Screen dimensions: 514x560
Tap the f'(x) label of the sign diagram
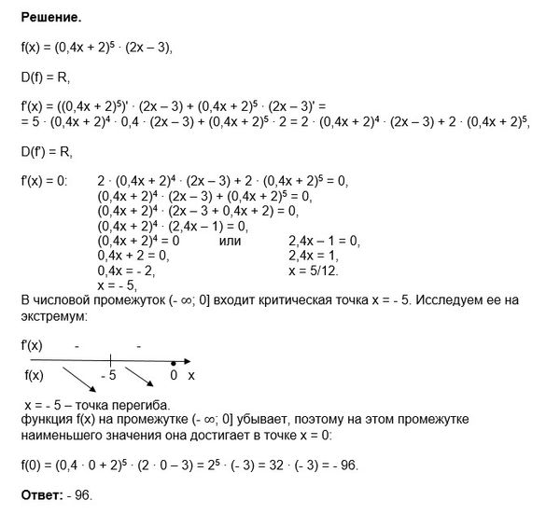[x=32, y=344]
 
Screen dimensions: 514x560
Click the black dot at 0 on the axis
[x=174, y=362]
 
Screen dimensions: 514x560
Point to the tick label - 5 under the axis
[x=110, y=376]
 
